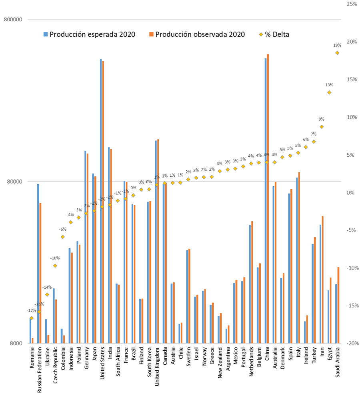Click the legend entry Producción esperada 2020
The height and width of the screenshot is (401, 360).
pyautogui.click(x=92, y=34)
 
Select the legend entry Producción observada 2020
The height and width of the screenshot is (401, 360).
pyautogui.click(x=200, y=34)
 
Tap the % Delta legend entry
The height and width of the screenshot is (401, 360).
pyautogui.click(x=276, y=34)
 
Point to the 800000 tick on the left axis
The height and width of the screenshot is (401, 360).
pyautogui.click(x=12, y=20)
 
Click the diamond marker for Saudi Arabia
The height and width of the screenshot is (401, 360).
pyautogui.click(x=337, y=53)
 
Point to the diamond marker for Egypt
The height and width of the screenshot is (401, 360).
pyautogui.click(x=329, y=92)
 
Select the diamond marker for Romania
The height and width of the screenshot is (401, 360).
pyautogui.click(x=32, y=318)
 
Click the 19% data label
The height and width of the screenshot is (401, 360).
pyautogui.click(x=337, y=45)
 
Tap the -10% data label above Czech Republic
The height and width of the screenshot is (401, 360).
pyautogui.click(x=55, y=258)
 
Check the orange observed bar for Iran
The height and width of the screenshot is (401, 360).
pyautogui.click(x=322, y=279)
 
